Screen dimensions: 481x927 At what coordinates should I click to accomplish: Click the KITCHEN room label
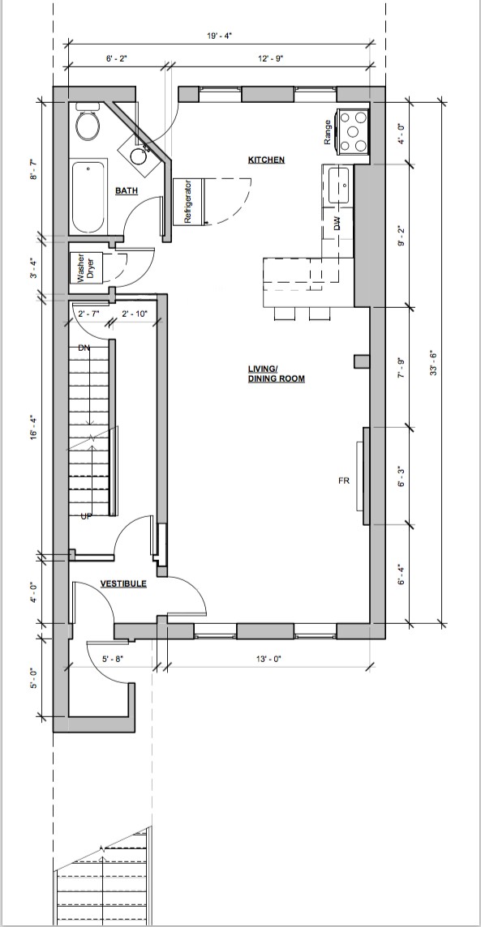pyautogui.click(x=266, y=160)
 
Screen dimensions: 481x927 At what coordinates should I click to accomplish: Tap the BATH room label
pyautogui.click(x=127, y=190)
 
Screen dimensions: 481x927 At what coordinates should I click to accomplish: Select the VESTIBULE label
pyautogui.click(x=123, y=583)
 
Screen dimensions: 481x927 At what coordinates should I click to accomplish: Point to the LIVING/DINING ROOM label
pyautogui.click(x=277, y=374)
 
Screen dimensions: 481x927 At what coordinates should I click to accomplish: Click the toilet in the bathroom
pyautogui.click(x=88, y=123)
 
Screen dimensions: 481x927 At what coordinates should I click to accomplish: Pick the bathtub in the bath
pyautogui.click(x=88, y=198)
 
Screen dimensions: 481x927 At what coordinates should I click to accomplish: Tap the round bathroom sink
pyautogui.click(x=140, y=156)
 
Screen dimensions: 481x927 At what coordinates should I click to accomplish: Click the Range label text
pyautogui.click(x=328, y=132)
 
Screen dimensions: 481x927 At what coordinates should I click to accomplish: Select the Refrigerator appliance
pyautogui.click(x=188, y=201)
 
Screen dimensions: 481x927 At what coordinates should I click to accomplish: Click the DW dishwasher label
pyautogui.click(x=337, y=224)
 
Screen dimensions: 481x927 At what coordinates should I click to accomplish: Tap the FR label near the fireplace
pyautogui.click(x=344, y=481)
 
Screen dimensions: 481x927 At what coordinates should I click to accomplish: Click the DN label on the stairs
pyautogui.click(x=84, y=348)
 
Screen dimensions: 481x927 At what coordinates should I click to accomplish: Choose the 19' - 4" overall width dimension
pyautogui.click(x=220, y=36)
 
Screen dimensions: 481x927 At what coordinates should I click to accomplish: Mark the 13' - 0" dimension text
pyautogui.click(x=268, y=659)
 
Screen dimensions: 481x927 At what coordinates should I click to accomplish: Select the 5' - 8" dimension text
pyautogui.click(x=113, y=659)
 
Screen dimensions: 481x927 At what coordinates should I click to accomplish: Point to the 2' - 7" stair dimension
pyautogui.click(x=90, y=314)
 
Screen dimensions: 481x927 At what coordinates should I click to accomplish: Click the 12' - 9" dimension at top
pyautogui.click(x=271, y=58)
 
